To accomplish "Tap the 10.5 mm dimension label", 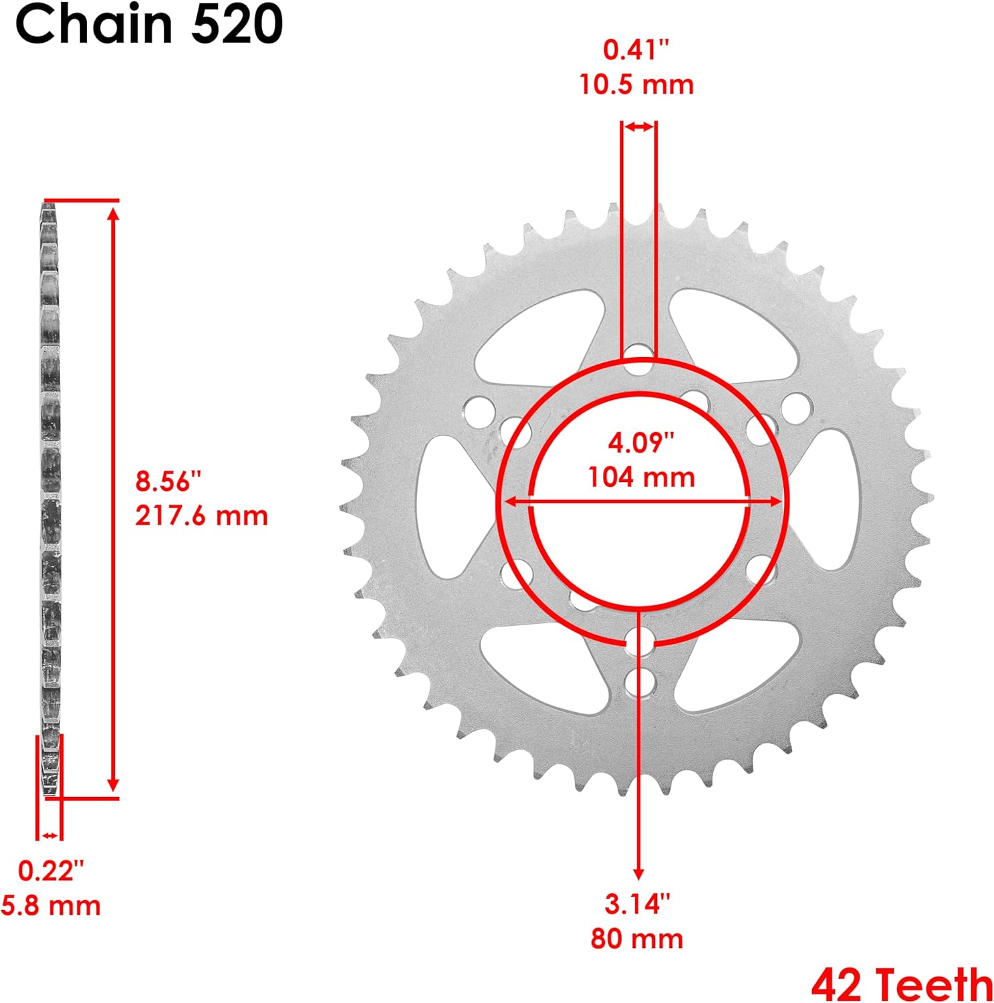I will pyautogui.click(x=636, y=85).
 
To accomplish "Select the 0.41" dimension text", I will pyautogui.click(x=636, y=49).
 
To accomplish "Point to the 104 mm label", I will pyautogui.click(x=641, y=477).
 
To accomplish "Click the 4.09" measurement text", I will pyautogui.click(x=641, y=442).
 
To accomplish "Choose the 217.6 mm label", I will pyautogui.click(x=201, y=516).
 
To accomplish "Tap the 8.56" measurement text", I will pyautogui.click(x=168, y=481).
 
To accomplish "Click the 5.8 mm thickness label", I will pyautogui.click(x=51, y=906).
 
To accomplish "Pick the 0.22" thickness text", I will pyautogui.click(x=51, y=871).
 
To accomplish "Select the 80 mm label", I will pyautogui.click(x=637, y=939).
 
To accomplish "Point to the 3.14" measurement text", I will pyautogui.click(x=637, y=904).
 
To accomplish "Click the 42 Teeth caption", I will pyautogui.click(x=902, y=984).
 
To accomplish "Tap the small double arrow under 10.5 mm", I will pyautogui.click(x=639, y=126).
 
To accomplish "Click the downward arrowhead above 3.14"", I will pyautogui.click(x=639, y=873).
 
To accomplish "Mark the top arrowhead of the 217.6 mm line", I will pyautogui.click(x=114, y=213).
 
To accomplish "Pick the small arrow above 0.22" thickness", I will pyautogui.click(x=49, y=835).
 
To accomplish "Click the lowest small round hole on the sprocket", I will pyautogui.click(x=640, y=681).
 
